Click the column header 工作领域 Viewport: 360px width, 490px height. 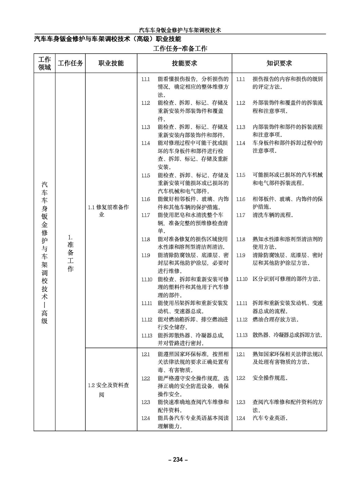click(x=44, y=63)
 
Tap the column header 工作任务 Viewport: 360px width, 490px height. click(x=70, y=63)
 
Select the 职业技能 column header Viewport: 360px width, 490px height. click(x=111, y=63)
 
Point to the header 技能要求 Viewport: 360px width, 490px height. click(x=184, y=63)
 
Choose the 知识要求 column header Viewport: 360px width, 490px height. click(x=279, y=63)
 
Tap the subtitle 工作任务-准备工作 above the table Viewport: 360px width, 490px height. click(x=180, y=49)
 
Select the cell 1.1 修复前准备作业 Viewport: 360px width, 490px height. click(x=108, y=211)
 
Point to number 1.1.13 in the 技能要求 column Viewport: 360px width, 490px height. click(x=147, y=335)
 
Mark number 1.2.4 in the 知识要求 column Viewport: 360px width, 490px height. click(x=241, y=418)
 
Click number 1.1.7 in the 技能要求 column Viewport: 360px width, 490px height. click(x=146, y=215)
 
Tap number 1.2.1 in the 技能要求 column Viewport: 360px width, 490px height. click(x=146, y=354)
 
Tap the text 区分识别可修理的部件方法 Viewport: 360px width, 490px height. click(x=287, y=279)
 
